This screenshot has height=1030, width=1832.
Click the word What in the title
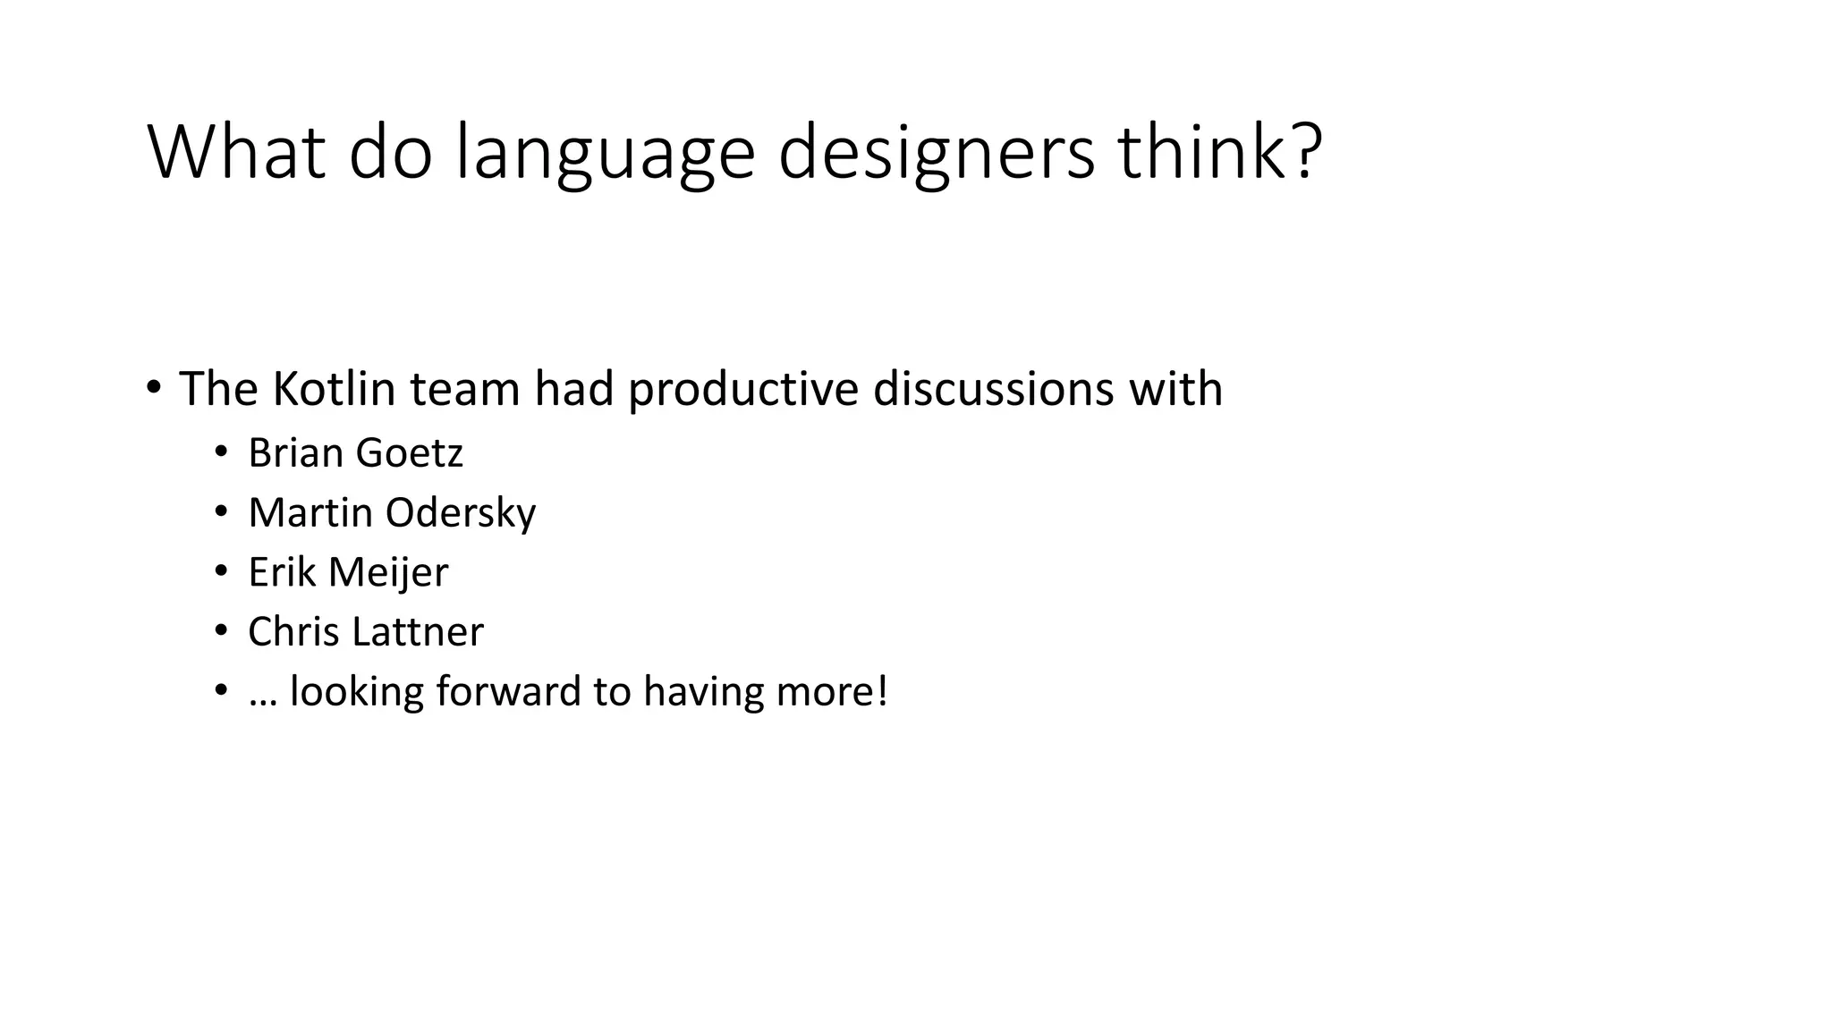[236, 152]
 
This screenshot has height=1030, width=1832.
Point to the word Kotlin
[334, 389]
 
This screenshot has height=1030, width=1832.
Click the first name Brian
[295, 452]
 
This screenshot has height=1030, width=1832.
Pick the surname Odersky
[461, 513]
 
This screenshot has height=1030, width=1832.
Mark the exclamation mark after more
[882, 691]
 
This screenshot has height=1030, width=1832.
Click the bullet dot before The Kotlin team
[154, 388]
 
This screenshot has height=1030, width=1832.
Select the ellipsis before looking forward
[262, 702]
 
